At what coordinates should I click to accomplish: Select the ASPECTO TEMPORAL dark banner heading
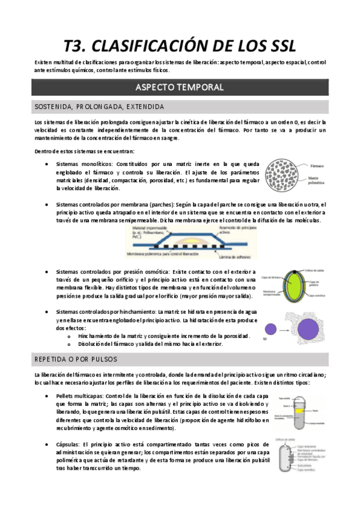[180, 87]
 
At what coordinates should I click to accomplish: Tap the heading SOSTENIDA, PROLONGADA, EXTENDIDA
[97, 107]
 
